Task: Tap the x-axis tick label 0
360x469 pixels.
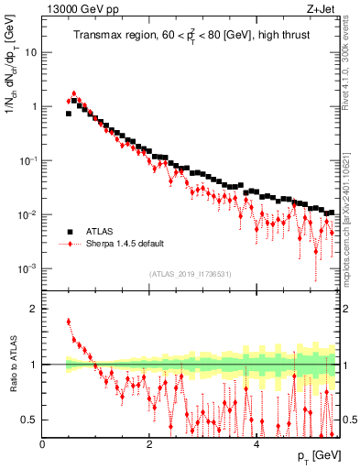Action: point(43,444)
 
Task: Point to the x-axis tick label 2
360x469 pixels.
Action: point(149,444)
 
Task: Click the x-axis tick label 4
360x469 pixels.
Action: point(256,444)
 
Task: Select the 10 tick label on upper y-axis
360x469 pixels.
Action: point(30,52)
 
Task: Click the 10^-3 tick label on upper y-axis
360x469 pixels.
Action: point(27,268)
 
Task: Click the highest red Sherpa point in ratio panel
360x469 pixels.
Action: point(69,322)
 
